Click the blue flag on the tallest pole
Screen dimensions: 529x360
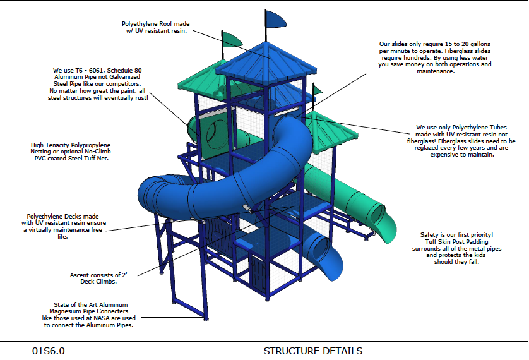[275, 19]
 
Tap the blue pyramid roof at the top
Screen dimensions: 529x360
[266, 58]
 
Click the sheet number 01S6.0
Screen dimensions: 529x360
[48, 351]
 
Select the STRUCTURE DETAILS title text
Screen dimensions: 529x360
[313, 351]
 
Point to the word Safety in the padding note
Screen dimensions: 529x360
[429, 235]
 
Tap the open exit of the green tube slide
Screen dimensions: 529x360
[379, 215]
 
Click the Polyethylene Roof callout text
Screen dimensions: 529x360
[155, 27]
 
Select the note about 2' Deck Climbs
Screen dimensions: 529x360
[98, 279]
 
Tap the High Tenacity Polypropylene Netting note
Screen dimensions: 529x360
[71, 152]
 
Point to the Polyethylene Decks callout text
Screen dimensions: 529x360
[63, 226]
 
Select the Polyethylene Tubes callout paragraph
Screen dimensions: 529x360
[461, 141]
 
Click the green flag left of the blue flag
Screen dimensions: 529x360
[232, 40]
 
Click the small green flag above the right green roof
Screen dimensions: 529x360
[317, 90]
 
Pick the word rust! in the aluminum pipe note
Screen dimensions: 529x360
[140, 98]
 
